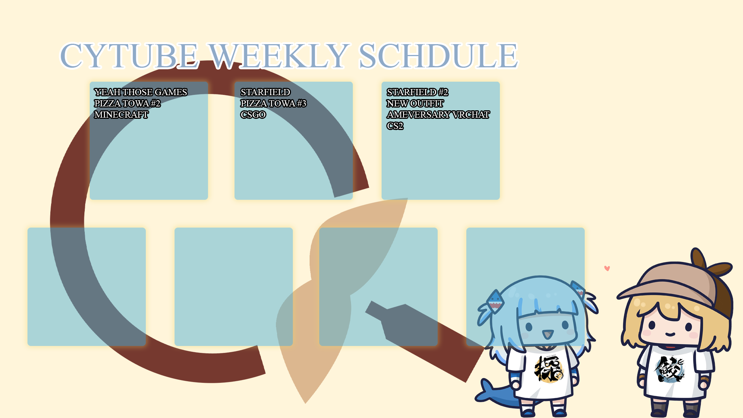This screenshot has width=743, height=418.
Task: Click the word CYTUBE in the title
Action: pos(129,56)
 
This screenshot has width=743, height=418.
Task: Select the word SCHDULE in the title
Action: pos(438,56)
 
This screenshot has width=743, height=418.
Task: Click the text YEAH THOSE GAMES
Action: pos(140,92)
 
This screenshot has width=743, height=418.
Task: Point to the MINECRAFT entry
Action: pos(121,115)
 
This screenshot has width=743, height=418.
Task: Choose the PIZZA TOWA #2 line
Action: pos(127,103)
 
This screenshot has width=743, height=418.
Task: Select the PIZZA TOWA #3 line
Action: pos(273,103)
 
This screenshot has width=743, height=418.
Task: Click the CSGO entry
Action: pos(253,115)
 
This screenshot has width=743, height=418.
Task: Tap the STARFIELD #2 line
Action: pos(418,92)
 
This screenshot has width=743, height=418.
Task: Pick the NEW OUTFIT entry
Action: pos(415,103)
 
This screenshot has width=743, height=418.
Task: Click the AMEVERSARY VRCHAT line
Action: pos(438,115)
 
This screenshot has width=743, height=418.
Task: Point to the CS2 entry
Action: pos(395,126)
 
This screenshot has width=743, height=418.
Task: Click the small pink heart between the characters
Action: pos(607,268)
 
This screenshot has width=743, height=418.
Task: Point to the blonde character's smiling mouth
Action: pos(671,334)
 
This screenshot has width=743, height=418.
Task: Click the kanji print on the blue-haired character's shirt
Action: pos(549,368)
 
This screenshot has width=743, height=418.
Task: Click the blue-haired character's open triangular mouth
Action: pos(548,335)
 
